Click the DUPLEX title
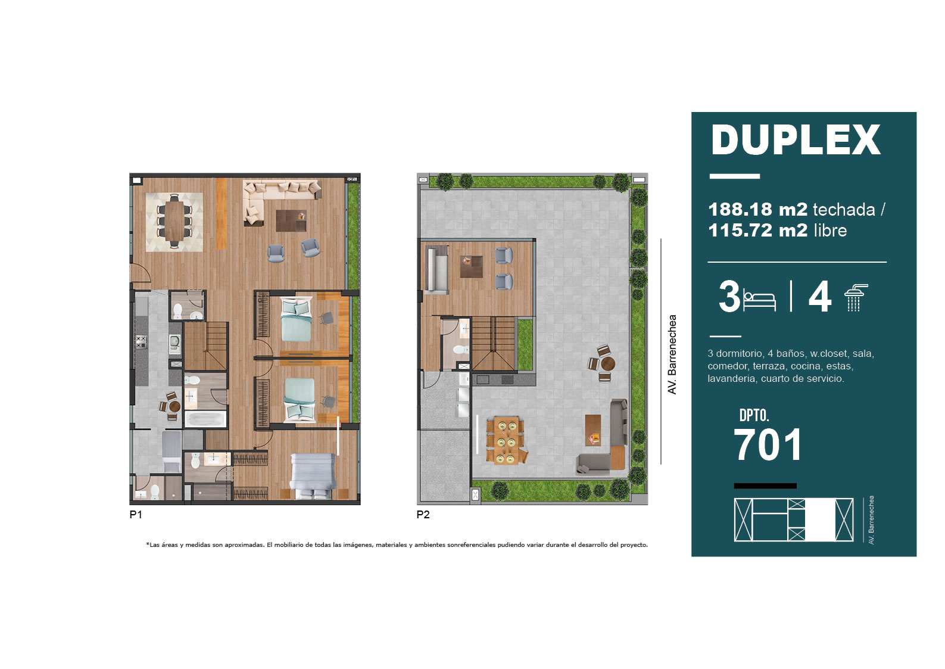coord(796,140)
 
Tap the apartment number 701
coord(768,444)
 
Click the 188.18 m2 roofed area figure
coord(757,209)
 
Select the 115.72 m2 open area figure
coord(757,231)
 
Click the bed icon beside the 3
coord(759,300)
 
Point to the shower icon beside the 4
coord(856,298)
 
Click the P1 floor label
coord(136,515)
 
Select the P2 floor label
coord(423,515)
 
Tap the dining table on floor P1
coord(174,221)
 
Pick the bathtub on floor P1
coord(205,419)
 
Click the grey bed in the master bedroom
coord(313,476)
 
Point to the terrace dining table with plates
coord(506,440)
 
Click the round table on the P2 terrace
coord(607,363)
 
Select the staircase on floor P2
coord(493,343)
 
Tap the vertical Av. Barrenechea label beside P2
coord(672,354)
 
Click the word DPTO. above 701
coord(754,416)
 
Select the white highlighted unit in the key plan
coord(820,519)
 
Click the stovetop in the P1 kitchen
coord(141,341)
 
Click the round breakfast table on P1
coord(174,406)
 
